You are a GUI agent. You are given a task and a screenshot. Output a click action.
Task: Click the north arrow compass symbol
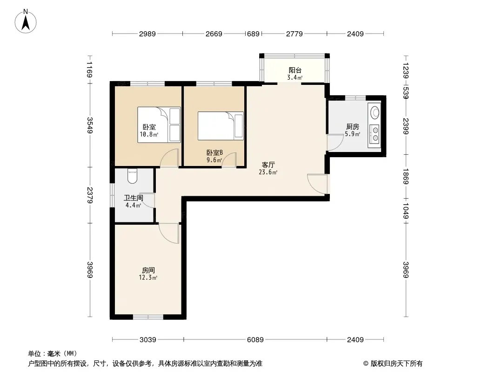pyautogui.click(x=26, y=21)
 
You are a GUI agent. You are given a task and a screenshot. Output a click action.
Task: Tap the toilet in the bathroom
pyautogui.click(x=132, y=176)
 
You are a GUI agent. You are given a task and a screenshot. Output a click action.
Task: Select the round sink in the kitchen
pyautogui.click(x=375, y=112)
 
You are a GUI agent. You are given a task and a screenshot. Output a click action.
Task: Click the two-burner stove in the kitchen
pyautogui.click(x=375, y=134)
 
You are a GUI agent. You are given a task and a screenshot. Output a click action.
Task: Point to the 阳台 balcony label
pyautogui.click(x=295, y=70)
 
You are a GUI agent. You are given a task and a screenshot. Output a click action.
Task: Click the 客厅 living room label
pyautogui.click(x=268, y=165)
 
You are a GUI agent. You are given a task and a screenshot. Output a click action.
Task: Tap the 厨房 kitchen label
pyautogui.click(x=352, y=127)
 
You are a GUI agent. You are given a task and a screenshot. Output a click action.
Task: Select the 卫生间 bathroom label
pyautogui.click(x=133, y=198)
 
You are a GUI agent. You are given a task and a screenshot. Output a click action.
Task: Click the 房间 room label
pyautogui.click(x=148, y=270)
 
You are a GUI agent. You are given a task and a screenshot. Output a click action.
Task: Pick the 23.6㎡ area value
pyautogui.click(x=268, y=173)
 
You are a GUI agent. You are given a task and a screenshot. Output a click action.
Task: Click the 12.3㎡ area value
pyautogui.click(x=148, y=278)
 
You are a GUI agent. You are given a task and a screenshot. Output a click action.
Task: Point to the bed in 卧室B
pyautogui.click(x=221, y=126)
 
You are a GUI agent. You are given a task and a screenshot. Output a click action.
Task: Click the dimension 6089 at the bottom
pyautogui.click(x=255, y=340)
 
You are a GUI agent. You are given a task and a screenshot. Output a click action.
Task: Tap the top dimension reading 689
pyautogui.click(x=253, y=34)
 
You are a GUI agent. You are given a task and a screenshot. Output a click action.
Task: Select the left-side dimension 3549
pyautogui.click(x=90, y=125)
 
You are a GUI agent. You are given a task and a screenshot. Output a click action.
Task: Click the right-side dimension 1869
pyautogui.click(x=406, y=176)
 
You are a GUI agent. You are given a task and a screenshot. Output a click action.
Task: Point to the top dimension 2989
pyautogui.click(x=147, y=34)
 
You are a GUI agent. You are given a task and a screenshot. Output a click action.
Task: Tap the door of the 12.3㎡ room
pyautogui.click(x=169, y=233)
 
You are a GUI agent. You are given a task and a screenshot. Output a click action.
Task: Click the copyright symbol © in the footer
pyautogui.click(x=366, y=364)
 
